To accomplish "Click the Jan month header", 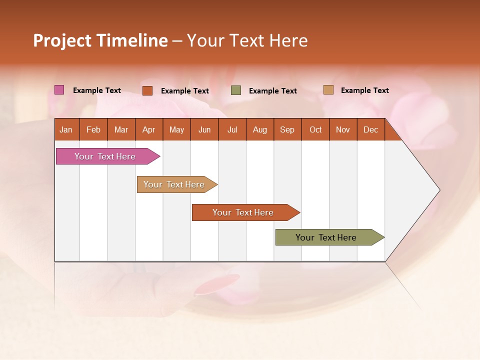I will [66, 129].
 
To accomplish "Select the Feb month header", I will [93, 129].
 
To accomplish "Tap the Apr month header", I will [149, 129].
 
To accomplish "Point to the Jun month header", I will [204, 129].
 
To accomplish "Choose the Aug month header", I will [260, 129].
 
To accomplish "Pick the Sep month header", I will [287, 129].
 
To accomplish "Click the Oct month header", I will [315, 129].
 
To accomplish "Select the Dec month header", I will [371, 129].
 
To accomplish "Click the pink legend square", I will [59, 90].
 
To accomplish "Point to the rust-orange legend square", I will [147, 90].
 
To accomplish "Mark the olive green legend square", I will [236, 90].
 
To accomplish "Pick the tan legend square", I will [328, 90].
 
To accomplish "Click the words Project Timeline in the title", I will [100, 40].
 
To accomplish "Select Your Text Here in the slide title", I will [247, 40].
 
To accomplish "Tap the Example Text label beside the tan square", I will [365, 90].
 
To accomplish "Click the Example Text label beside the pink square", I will [97, 90].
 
